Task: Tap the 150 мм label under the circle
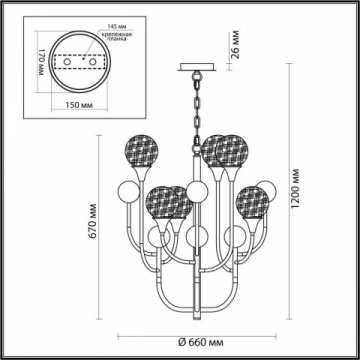click(69, 103)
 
